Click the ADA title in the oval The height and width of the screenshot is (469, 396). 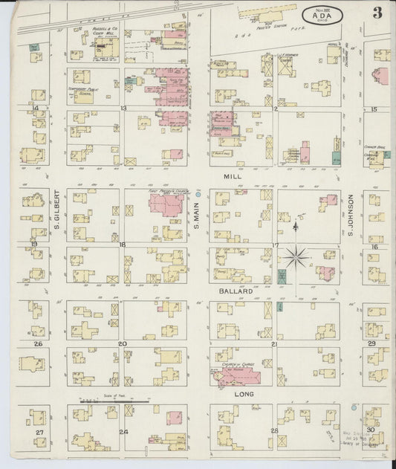317,13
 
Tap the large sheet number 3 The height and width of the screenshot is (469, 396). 377,13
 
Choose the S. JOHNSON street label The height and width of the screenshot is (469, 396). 351,216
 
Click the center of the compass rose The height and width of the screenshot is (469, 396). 296,258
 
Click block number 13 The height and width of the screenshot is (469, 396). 123,109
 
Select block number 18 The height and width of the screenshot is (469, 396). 123,245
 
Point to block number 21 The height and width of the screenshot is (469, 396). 274,344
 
